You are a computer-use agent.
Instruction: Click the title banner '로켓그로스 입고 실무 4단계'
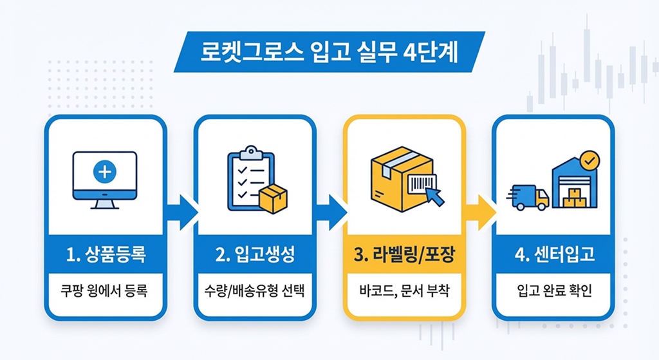(329, 52)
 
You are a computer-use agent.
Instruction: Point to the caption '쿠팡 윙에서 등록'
(106, 291)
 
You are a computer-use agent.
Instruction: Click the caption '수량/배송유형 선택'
(255, 291)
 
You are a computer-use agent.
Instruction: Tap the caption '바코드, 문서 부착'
(404, 291)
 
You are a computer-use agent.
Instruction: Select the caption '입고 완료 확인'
(553, 291)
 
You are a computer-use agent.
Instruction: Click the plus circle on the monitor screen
(105, 172)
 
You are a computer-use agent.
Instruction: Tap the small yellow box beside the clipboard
(273, 198)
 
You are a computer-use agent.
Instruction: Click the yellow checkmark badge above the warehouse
(589, 159)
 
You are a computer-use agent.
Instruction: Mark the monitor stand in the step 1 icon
(105, 204)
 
